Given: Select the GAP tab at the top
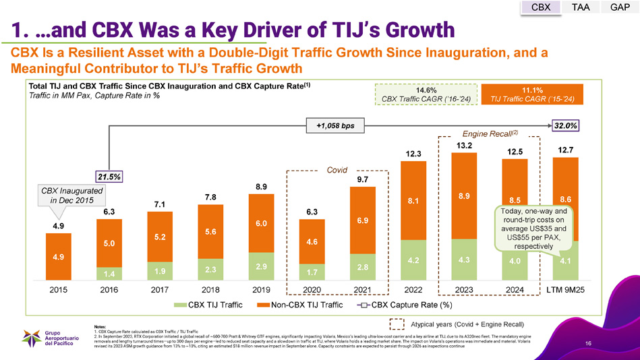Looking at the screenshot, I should pos(620,7).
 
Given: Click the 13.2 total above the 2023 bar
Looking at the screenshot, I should pos(463,145).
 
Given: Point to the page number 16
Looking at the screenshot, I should pos(589,344).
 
